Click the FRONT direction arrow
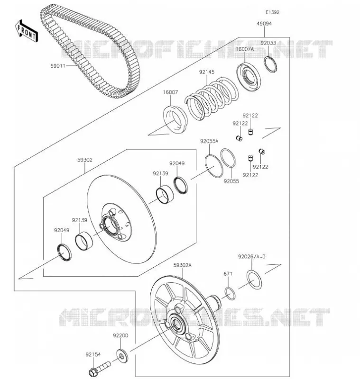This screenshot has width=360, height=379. coord(27,31)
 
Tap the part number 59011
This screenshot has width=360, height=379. coord(58,66)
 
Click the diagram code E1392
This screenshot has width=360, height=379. coord(272,12)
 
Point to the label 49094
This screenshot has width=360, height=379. coord(264,24)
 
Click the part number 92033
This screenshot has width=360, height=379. coord(268,43)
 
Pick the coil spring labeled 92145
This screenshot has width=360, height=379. coord(211,98)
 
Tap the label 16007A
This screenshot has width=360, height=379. coord(245,49)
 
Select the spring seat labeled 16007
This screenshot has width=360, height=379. coord(175,120)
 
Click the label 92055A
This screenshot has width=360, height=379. coord(209,141)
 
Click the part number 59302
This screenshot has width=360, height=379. coord(85,160)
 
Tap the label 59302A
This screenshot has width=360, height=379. coord(182,265)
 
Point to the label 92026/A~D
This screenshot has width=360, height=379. coord(251,256)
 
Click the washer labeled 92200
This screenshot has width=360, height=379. coord(122,356)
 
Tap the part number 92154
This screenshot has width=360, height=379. coord(93,354)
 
